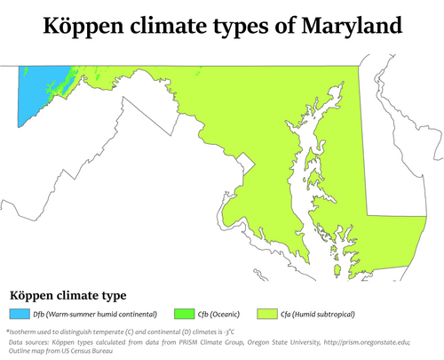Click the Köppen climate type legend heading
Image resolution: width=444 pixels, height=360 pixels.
[x=67, y=294]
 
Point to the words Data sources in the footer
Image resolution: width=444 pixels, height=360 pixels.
[x=28, y=341]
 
